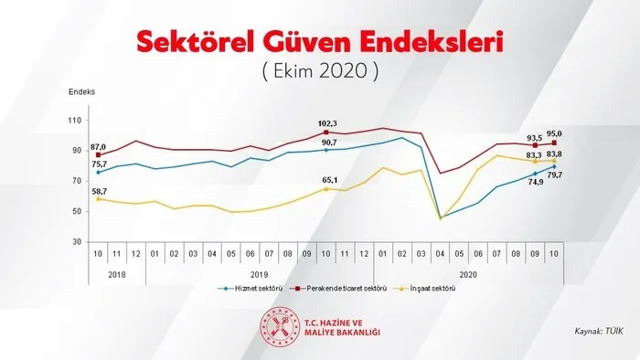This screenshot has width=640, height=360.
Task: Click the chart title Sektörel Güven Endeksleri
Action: point(320,41)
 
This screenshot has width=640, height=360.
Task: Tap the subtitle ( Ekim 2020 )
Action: point(320,70)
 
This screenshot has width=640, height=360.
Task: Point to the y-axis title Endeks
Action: point(81,93)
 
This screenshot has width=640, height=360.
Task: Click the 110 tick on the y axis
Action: point(75,121)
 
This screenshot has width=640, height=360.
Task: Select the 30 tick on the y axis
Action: point(77,242)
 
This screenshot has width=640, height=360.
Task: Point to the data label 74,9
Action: point(535,182)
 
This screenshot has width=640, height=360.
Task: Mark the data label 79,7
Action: point(554,175)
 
